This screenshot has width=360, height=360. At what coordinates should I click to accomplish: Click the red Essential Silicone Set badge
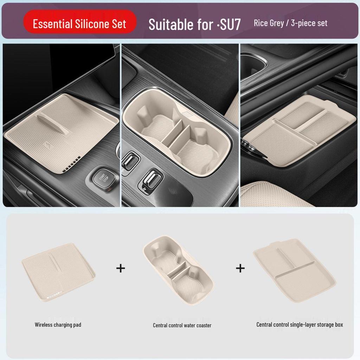click(79, 24)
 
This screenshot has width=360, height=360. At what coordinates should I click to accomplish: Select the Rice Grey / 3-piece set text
click(290, 23)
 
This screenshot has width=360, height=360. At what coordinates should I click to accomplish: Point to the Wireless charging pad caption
click(58, 324)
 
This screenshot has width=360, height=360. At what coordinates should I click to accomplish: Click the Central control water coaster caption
click(182, 325)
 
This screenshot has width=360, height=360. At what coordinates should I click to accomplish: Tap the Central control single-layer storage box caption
click(300, 324)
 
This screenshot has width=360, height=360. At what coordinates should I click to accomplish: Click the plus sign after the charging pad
click(121, 268)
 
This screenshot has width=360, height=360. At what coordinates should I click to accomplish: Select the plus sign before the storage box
click(240, 268)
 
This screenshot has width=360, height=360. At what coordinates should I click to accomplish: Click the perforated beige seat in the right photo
click(278, 195)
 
